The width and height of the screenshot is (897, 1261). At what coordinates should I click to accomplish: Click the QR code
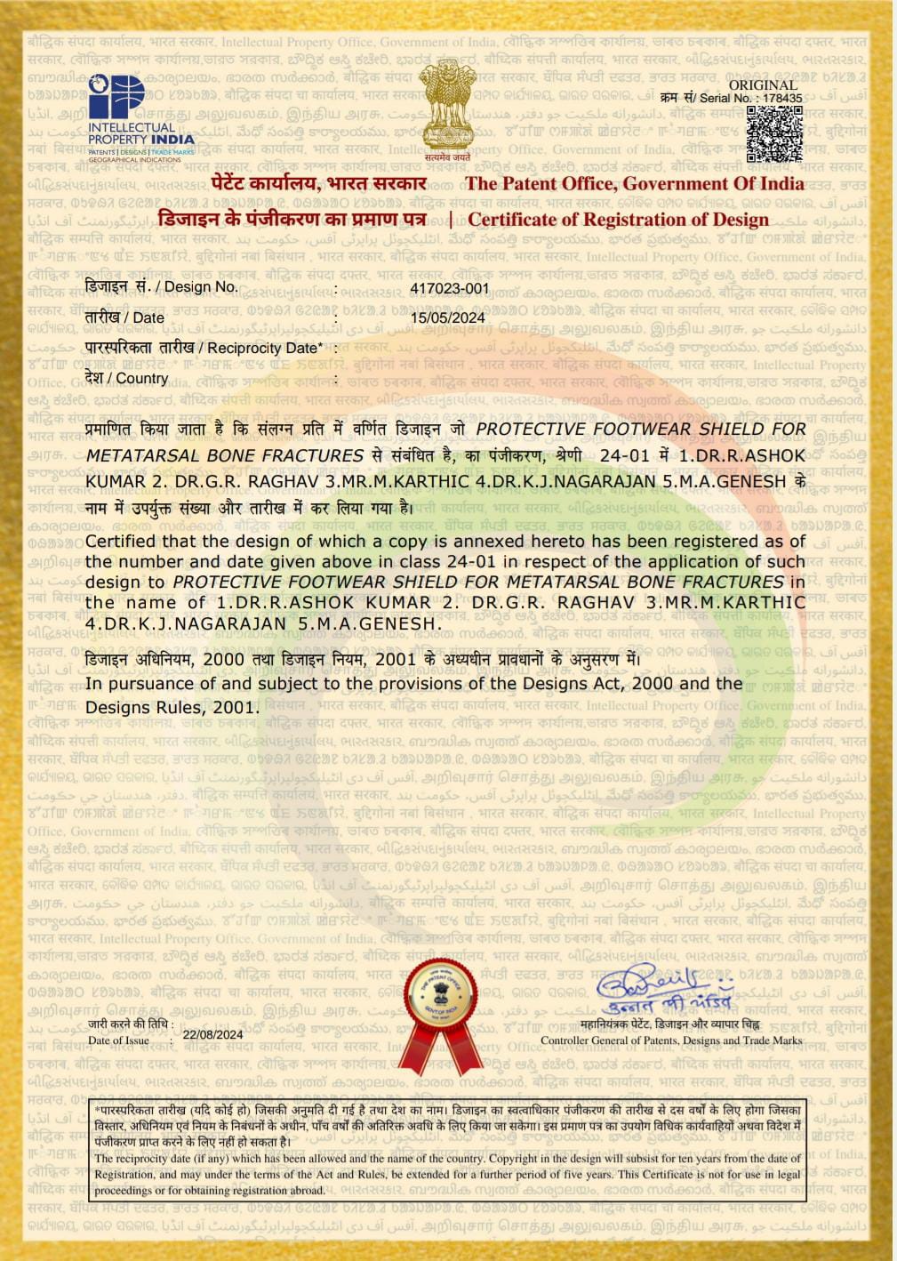click(x=773, y=133)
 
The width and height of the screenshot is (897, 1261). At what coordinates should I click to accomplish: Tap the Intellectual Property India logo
click(x=140, y=116)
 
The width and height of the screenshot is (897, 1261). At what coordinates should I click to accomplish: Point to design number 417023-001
click(x=449, y=288)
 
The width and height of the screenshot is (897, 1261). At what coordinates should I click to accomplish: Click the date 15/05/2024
click(x=447, y=318)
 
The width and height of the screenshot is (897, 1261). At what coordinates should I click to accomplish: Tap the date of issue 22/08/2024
click(x=212, y=1034)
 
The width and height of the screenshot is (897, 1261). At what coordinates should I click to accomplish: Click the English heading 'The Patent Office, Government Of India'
click(x=634, y=184)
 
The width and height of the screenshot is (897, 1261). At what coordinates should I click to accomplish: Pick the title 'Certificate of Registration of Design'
click(x=618, y=220)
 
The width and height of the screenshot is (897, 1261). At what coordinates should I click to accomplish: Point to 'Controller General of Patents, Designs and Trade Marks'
click(x=670, y=1040)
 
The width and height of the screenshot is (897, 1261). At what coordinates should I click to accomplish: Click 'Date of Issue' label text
click(x=118, y=1040)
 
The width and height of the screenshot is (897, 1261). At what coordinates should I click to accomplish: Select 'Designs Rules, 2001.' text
click(x=172, y=708)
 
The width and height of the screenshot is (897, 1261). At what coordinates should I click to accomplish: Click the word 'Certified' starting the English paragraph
click(x=122, y=542)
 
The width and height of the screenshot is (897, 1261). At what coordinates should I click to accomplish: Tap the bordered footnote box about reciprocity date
click(x=448, y=1150)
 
